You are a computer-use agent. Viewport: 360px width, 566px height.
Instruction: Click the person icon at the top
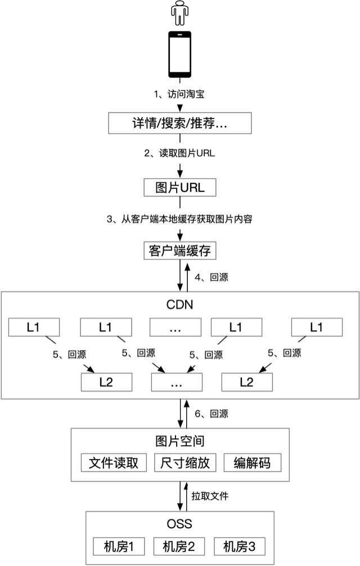pyautogui.click(x=179, y=14)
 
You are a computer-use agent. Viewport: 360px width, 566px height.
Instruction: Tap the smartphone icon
pyautogui.click(x=179, y=55)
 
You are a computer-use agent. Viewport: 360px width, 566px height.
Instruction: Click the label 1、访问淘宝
pyautogui.click(x=179, y=93)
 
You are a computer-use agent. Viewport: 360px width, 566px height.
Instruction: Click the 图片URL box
pyautogui.click(x=179, y=187)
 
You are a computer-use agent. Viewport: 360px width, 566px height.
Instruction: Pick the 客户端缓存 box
pyautogui.click(x=179, y=250)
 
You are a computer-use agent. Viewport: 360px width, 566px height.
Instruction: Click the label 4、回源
pyautogui.click(x=211, y=277)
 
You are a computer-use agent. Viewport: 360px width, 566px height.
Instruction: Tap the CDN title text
pyautogui.click(x=179, y=306)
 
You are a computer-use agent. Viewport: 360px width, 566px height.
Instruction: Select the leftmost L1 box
pyautogui.click(x=33, y=327)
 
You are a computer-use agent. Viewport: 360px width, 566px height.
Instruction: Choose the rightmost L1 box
pyautogui.click(x=317, y=327)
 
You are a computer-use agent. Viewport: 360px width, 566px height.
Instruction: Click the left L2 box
pyautogui.click(x=106, y=382)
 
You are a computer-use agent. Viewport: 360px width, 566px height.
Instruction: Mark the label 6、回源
pyautogui.click(x=211, y=414)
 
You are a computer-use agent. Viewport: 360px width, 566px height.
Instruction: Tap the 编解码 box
pyautogui.click(x=252, y=463)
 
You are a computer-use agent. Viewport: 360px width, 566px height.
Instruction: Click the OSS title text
pyautogui.click(x=179, y=524)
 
